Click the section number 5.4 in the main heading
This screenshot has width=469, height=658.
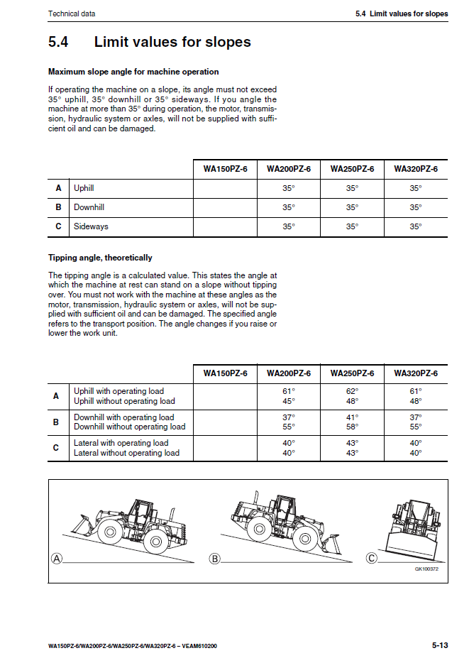click(58, 42)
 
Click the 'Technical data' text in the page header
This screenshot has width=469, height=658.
click(72, 13)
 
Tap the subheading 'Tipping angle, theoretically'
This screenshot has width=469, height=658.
click(100, 258)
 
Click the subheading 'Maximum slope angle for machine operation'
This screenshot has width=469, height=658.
click(133, 72)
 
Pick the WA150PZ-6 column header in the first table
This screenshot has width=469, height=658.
click(225, 169)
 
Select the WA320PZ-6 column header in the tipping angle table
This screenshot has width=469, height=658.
click(415, 373)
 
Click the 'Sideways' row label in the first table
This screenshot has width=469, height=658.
click(91, 227)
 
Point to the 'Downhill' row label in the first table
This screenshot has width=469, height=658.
click(89, 208)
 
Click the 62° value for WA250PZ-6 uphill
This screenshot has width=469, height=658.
click(352, 391)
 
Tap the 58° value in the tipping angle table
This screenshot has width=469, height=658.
click(352, 427)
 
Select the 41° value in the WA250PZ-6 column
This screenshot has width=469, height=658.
click(352, 417)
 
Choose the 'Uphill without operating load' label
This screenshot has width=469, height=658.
click(124, 401)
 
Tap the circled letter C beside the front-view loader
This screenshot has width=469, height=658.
click(371, 559)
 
